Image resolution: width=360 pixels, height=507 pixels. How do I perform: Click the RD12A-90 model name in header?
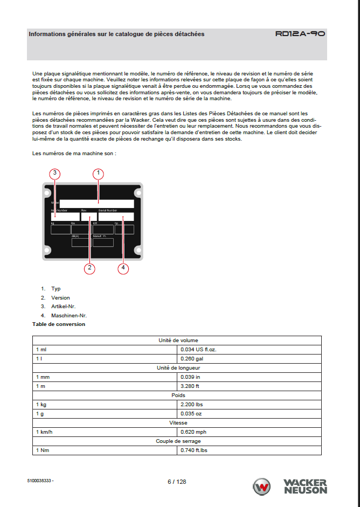click(300, 33)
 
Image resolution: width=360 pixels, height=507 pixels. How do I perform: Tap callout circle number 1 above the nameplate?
click(98, 173)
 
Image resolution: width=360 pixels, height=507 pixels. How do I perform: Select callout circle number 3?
click(55, 173)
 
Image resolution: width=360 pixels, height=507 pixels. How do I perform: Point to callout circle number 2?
click(90, 268)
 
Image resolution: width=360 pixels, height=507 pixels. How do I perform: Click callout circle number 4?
click(123, 268)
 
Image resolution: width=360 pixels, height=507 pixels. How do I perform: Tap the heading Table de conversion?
click(59, 324)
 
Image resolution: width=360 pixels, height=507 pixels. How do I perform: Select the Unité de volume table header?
click(178, 340)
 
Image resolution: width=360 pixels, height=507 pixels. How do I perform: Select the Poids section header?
click(178, 395)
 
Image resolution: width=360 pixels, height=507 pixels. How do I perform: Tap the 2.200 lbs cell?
click(192, 404)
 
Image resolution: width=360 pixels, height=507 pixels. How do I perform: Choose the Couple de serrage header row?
click(178, 441)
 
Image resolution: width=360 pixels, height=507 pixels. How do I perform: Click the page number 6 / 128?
click(177, 482)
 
